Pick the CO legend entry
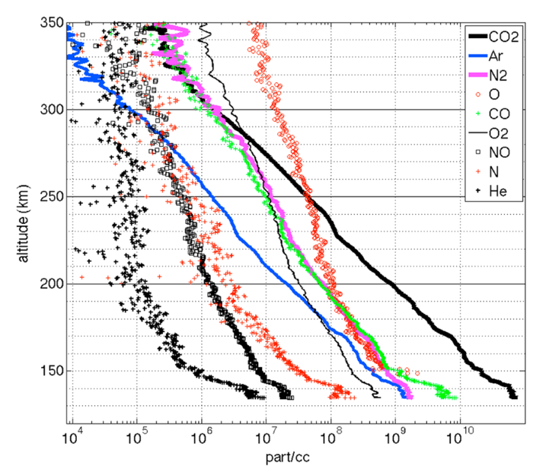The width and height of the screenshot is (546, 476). (x=503, y=114)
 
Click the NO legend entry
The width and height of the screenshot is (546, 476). (x=502, y=154)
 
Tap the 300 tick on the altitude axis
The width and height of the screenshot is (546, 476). (x=51, y=110)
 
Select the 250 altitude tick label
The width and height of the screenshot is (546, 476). (x=51, y=196)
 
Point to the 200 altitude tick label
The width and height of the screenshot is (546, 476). (x=51, y=284)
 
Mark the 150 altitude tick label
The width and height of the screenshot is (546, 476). (x=51, y=371)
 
